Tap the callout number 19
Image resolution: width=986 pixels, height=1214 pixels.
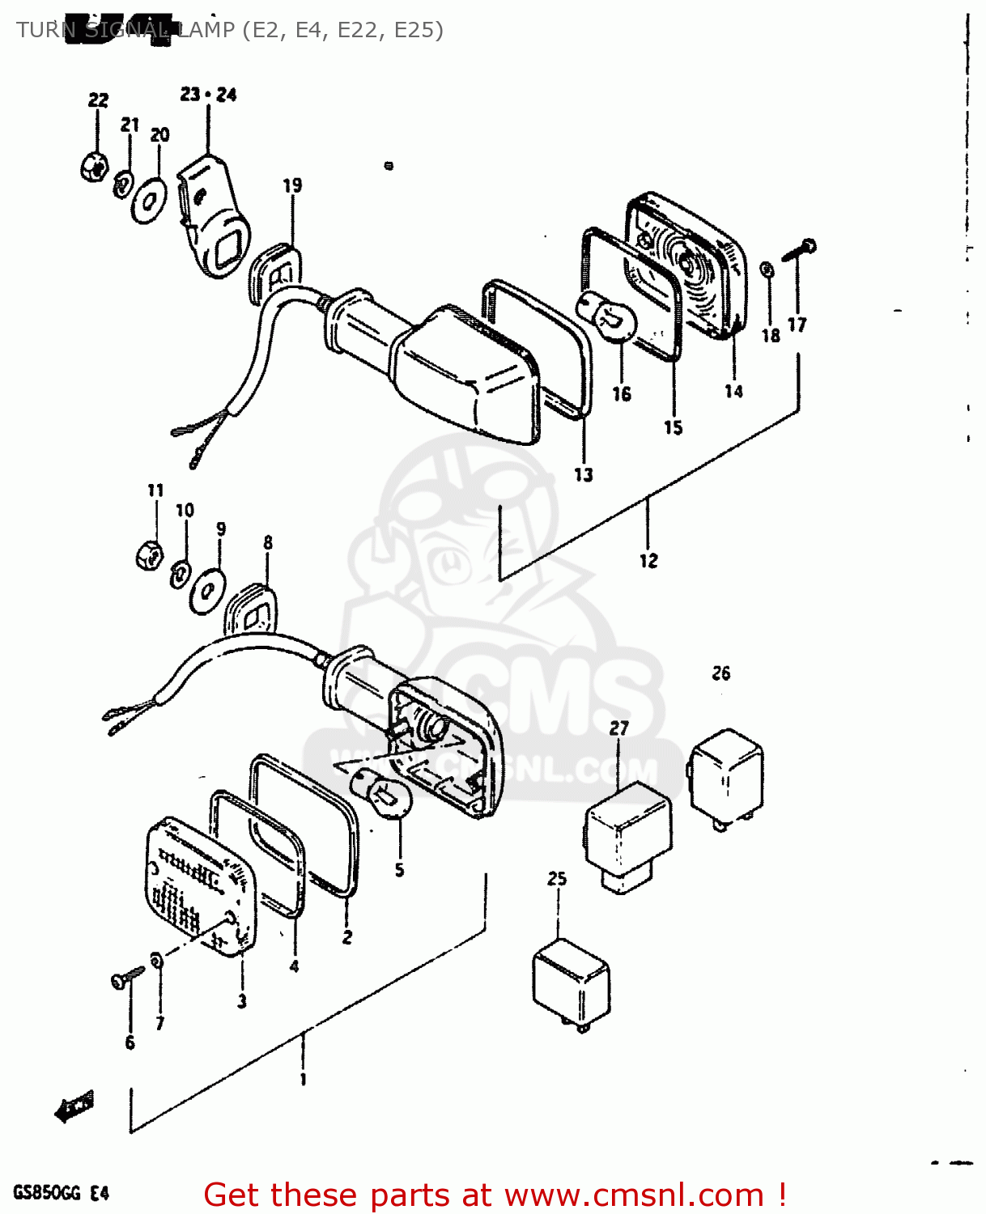[x=292, y=185]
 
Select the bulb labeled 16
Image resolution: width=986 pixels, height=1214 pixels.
[x=607, y=316]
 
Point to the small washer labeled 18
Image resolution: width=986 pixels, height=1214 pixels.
[x=767, y=270]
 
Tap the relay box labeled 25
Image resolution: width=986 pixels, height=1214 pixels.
[x=571, y=983]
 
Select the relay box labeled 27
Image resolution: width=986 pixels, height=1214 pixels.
[x=627, y=833]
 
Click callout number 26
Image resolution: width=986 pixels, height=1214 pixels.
[x=720, y=673]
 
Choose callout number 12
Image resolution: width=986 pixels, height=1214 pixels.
[x=648, y=560]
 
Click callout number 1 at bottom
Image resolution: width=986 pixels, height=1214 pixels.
[x=303, y=1079]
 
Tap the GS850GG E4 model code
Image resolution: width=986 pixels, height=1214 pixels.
[x=61, y=1193]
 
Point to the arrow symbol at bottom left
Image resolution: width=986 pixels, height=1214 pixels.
[x=74, y=1107]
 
